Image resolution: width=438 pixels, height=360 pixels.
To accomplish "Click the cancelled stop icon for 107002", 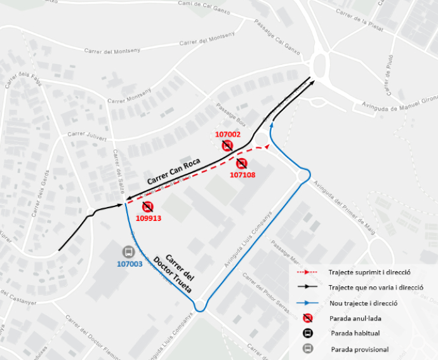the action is [x=227, y=146].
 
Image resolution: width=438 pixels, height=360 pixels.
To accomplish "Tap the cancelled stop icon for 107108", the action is [x=241, y=164].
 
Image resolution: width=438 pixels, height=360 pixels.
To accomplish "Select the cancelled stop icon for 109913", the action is [x=148, y=207].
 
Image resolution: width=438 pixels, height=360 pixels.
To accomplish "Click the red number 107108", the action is [x=242, y=175].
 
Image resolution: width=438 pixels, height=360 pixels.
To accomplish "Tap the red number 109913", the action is [x=149, y=218].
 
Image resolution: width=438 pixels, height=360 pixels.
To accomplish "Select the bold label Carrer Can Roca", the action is [x=173, y=171].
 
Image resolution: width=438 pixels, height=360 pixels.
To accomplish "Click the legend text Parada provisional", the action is [x=360, y=349].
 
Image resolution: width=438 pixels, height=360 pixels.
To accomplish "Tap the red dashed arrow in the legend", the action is [x=306, y=272].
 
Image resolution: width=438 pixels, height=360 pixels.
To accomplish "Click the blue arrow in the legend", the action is [x=306, y=303].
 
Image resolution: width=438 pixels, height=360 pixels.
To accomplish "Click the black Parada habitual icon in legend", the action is [x=307, y=333].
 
